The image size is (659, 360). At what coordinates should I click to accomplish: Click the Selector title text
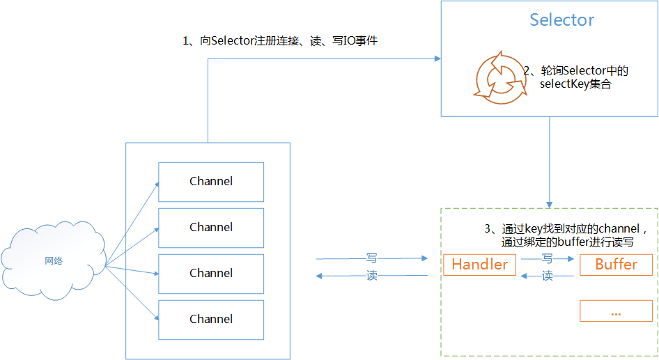tap(561, 20)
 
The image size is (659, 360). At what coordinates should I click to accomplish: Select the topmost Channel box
tap(211, 182)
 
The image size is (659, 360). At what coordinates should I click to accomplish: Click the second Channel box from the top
tap(211, 228)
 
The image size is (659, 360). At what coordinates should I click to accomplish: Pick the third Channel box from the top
tap(211, 274)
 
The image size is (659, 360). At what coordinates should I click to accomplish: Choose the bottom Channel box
tap(211, 320)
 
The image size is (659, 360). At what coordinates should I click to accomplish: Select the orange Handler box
tap(480, 265)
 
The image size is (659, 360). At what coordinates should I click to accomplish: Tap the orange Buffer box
tap(616, 265)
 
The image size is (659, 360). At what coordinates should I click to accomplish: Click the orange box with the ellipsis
tap(616, 311)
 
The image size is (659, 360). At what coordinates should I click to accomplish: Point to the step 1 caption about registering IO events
tap(280, 41)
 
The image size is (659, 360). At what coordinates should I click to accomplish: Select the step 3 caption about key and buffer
tap(566, 235)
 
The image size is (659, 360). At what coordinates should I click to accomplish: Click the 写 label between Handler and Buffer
tap(548, 258)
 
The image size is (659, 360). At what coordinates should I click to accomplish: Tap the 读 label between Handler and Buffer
tap(548, 276)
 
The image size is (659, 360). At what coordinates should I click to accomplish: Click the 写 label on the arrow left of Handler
tap(372, 258)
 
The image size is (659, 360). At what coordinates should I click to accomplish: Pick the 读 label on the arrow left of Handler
tap(372, 276)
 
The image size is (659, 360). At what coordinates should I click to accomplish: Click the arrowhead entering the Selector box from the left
tap(436, 58)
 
